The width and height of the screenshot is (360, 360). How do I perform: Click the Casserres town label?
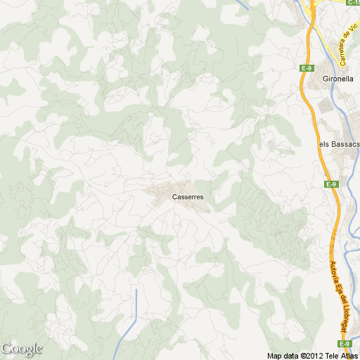(x=188, y=197)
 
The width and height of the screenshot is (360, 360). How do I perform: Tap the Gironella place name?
(x=336, y=79)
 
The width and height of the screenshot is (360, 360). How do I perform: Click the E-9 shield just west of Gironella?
(x=306, y=68)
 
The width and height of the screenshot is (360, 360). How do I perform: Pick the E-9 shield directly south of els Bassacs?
(x=331, y=184)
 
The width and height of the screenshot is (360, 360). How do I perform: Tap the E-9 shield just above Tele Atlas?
(x=344, y=344)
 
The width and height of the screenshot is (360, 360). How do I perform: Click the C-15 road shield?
(x=354, y=3)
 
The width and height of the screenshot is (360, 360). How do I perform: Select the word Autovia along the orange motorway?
(x=333, y=274)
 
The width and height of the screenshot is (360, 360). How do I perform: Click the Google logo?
(x=22, y=349)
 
